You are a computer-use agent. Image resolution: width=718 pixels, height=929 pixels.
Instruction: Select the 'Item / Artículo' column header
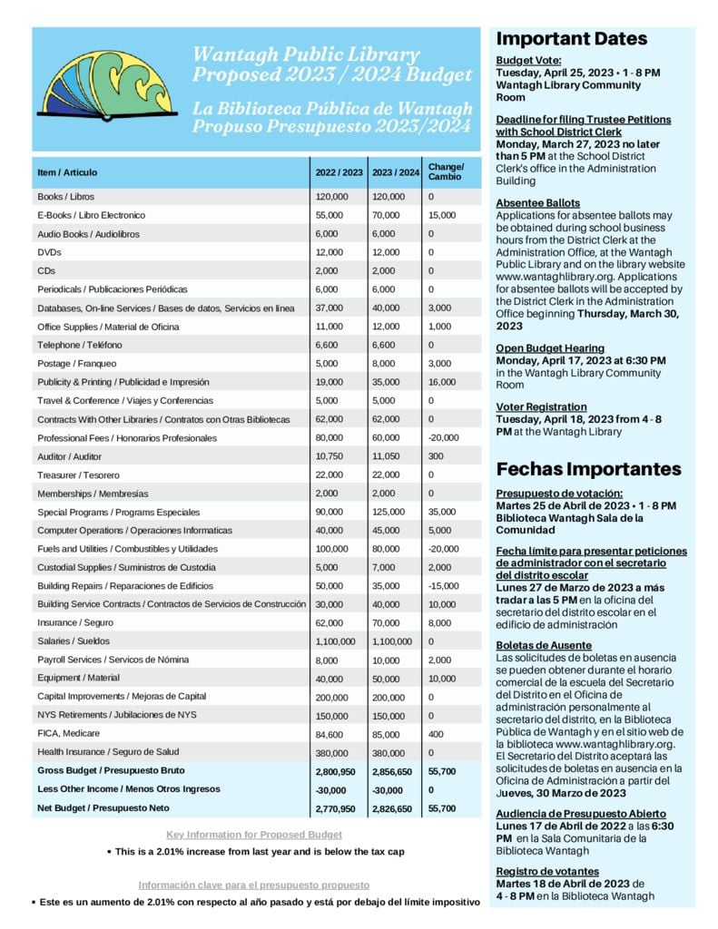(67, 172)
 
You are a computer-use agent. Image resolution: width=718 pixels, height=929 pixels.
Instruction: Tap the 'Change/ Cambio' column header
(446, 171)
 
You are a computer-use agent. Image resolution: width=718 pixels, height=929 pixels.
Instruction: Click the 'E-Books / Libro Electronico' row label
(91, 215)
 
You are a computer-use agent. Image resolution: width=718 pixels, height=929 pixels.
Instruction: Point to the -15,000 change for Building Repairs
(444, 586)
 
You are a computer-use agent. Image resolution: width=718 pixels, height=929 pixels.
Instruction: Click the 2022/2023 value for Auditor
(329, 456)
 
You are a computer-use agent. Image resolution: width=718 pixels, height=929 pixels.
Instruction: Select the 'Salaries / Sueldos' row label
(73, 641)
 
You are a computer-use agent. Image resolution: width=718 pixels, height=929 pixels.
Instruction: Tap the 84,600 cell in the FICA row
(331, 733)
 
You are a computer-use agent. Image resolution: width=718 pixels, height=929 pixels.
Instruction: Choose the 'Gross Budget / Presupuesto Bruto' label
(111, 769)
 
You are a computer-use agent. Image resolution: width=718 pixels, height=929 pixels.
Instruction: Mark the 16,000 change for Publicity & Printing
(442, 382)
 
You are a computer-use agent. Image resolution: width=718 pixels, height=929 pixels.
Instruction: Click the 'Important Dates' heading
(572, 39)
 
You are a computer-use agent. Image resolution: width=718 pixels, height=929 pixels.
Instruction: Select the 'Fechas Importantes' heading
(588, 469)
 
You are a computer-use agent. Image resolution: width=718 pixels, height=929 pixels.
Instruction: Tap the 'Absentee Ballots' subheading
(538, 202)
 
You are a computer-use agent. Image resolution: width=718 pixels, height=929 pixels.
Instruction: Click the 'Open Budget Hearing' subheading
(550, 348)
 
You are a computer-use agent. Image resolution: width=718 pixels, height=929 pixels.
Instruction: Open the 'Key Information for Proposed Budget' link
(254, 835)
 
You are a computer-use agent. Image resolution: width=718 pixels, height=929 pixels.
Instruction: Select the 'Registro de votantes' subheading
(547, 871)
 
